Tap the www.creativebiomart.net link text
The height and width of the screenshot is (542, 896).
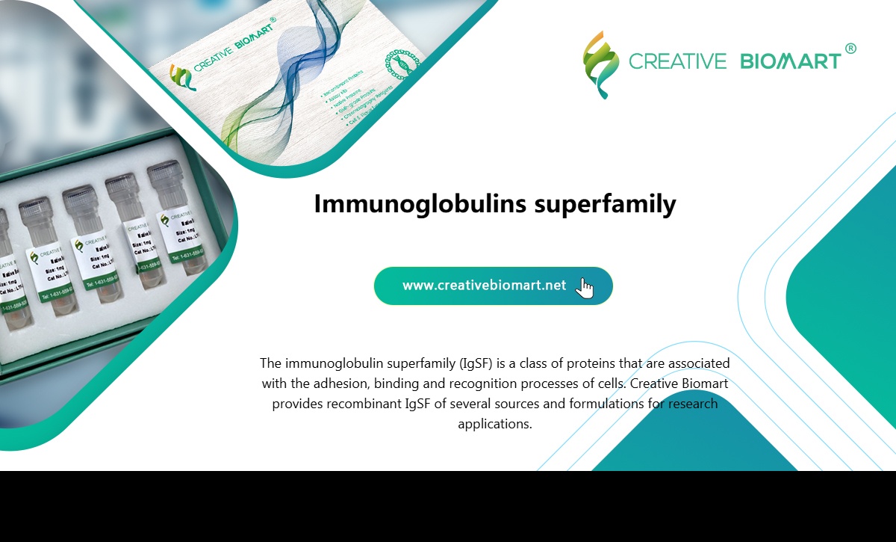pos(484,286)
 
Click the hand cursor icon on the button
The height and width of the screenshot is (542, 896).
pos(585,288)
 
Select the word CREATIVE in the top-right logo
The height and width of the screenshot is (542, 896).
pos(677,61)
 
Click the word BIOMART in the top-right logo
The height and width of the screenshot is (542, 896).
pos(791,61)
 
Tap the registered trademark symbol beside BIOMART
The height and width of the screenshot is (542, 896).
pos(850,49)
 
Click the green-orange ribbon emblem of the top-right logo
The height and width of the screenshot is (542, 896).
pos(601,64)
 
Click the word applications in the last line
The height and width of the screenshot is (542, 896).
pos(494,424)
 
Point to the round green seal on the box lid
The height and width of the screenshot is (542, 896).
pos(402,66)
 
